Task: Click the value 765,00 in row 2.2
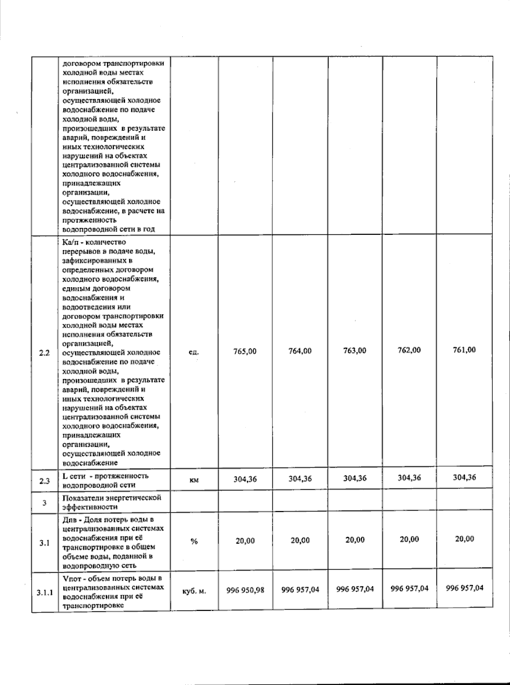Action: click(x=245, y=351)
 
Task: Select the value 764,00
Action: click(x=300, y=351)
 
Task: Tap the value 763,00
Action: click(x=355, y=351)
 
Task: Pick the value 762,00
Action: click(x=409, y=350)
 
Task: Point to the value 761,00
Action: click(x=465, y=350)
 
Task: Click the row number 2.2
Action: click(x=44, y=353)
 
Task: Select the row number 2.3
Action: click(x=44, y=481)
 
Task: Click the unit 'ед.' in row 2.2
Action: click(x=194, y=352)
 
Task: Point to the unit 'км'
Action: click(x=194, y=480)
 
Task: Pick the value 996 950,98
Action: click(x=245, y=590)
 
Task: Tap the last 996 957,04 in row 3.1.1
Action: click(x=465, y=588)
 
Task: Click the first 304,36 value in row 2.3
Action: click(x=245, y=479)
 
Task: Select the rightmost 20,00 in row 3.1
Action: click(x=465, y=539)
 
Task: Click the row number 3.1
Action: click(x=44, y=543)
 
